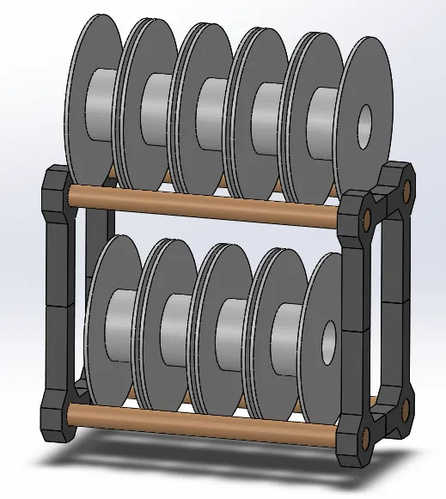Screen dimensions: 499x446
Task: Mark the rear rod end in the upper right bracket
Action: coord(407,186)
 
